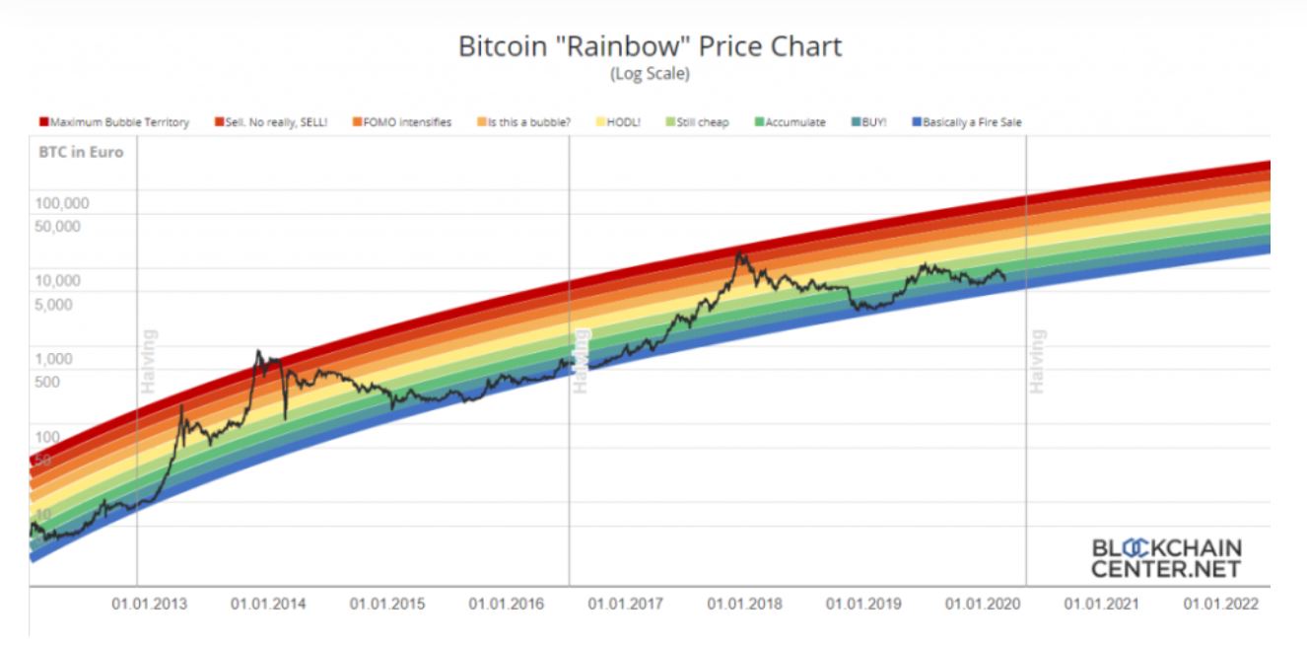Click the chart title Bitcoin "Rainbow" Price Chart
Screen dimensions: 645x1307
(x=651, y=47)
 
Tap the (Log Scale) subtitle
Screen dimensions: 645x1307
(x=651, y=73)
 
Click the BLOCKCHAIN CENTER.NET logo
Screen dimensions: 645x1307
(x=1167, y=558)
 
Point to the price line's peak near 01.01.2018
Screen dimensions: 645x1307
(x=739, y=253)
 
